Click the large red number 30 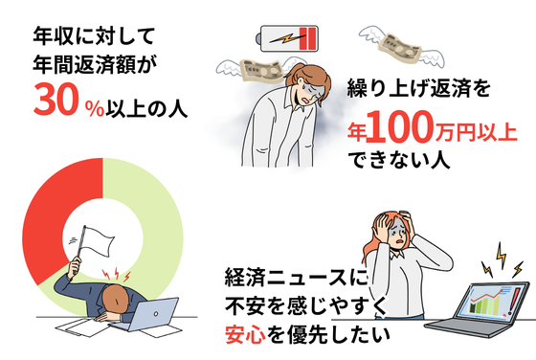(55, 100)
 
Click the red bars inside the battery (307, 38)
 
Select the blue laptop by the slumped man (150, 315)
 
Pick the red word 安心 (245, 335)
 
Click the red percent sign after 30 (95, 109)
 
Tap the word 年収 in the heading (54, 35)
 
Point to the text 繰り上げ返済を (419, 88)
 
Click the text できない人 (398, 160)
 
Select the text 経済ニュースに (296, 278)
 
